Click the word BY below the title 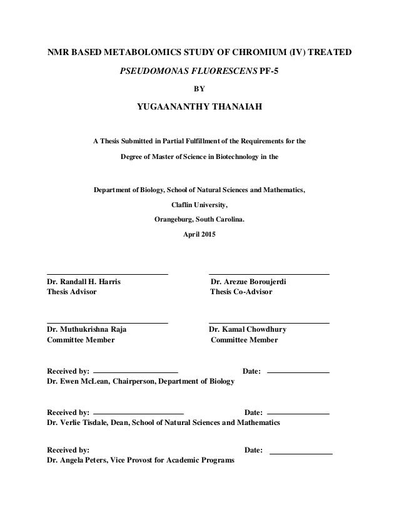click(199, 89)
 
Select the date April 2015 click(199, 235)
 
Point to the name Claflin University click(199, 204)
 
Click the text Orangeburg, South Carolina click(199, 220)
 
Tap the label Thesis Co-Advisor click(241, 292)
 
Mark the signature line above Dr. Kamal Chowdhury click(268, 323)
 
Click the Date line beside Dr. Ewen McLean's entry click(298, 373)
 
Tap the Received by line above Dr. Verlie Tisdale click(138, 414)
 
